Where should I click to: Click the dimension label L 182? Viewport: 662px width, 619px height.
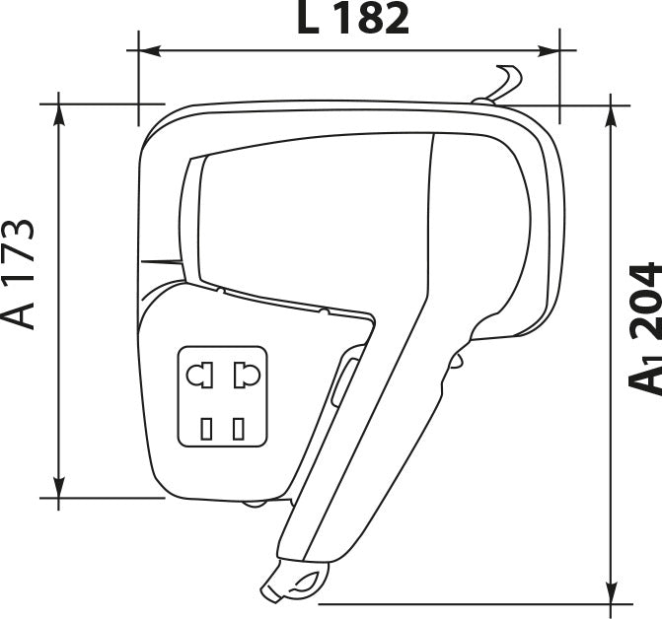click(x=353, y=18)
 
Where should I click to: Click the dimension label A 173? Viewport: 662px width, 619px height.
click(x=18, y=274)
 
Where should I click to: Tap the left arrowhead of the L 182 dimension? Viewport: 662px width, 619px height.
click(x=149, y=50)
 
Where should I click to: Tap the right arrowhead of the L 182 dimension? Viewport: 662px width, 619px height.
click(x=549, y=51)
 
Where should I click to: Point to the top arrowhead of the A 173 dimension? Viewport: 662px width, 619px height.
click(x=59, y=114)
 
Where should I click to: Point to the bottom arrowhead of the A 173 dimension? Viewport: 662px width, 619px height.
click(x=59, y=488)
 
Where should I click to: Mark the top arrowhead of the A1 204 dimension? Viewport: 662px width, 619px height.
click(x=611, y=116)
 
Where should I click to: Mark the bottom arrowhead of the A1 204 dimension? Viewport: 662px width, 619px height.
click(x=611, y=592)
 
